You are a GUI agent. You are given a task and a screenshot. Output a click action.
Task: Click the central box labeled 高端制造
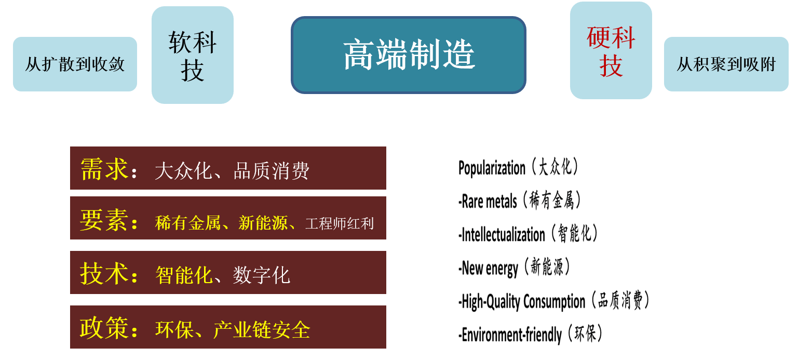tap(408, 55)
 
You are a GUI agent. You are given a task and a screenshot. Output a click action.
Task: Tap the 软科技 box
tap(193, 55)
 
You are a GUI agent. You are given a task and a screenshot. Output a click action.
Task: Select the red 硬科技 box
tap(611, 50)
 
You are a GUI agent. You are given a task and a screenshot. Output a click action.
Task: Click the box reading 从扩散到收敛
tap(75, 64)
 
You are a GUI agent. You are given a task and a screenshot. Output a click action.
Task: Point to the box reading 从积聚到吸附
tap(726, 64)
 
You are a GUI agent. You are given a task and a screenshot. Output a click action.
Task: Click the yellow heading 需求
tap(104, 169)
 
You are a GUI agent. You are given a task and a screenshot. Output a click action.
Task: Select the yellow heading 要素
tap(103, 220)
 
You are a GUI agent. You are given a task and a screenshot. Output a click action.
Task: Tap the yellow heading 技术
tap(104, 274)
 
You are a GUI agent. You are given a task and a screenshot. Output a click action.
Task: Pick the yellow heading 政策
tap(104, 328)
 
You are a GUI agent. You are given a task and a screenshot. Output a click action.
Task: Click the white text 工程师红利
tap(340, 224)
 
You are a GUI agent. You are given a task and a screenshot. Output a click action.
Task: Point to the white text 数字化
tap(262, 275)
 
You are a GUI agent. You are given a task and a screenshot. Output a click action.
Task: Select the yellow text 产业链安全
tap(262, 330)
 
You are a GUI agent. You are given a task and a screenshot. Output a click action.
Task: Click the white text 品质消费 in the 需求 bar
tap(272, 171)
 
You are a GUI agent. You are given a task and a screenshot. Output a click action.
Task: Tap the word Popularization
tap(492, 168)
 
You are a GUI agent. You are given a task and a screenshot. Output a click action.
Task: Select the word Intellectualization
tap(503, 234)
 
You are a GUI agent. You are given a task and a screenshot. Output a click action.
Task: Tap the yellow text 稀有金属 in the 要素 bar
tap(188, 223)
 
